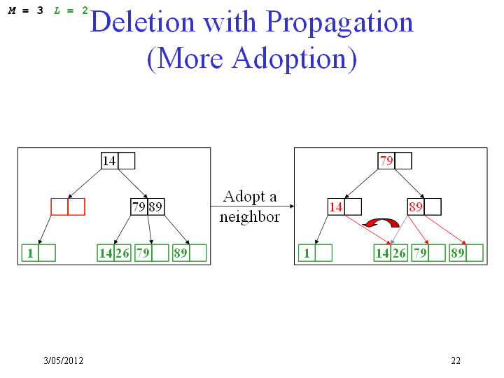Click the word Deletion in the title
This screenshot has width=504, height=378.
(x=142, y=22)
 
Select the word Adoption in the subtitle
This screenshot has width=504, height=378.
(x=289, y=59)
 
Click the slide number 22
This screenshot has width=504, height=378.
(x=456, y=360)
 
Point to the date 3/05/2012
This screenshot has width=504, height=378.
(x=63, y=360)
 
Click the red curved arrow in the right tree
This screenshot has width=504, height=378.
(x=381, y=223)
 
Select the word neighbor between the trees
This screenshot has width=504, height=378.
(x=249, y=216)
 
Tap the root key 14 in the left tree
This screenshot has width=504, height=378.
(x=109, y=161)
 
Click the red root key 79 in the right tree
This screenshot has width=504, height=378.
(x=386, y=160)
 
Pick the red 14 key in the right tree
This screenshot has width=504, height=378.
(x=336, y=206)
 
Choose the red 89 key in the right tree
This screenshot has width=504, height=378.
(x=416, y=206)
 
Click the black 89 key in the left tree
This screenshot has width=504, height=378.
(x=155, y=206)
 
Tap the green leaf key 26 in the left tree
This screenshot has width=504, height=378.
(x=122, y=253)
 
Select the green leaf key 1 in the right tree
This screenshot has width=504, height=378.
(x=307, y=253)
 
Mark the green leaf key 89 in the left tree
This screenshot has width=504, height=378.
(x=181, y=253)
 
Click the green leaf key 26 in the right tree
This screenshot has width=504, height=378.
(x=399, y=253)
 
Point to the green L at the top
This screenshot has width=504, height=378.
(x=57, y=10)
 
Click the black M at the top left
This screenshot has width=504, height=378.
(x=12, y=10)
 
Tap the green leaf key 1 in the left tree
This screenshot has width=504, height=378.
(x=30, y=253)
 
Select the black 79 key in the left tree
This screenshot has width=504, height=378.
(x=139, y=206)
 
